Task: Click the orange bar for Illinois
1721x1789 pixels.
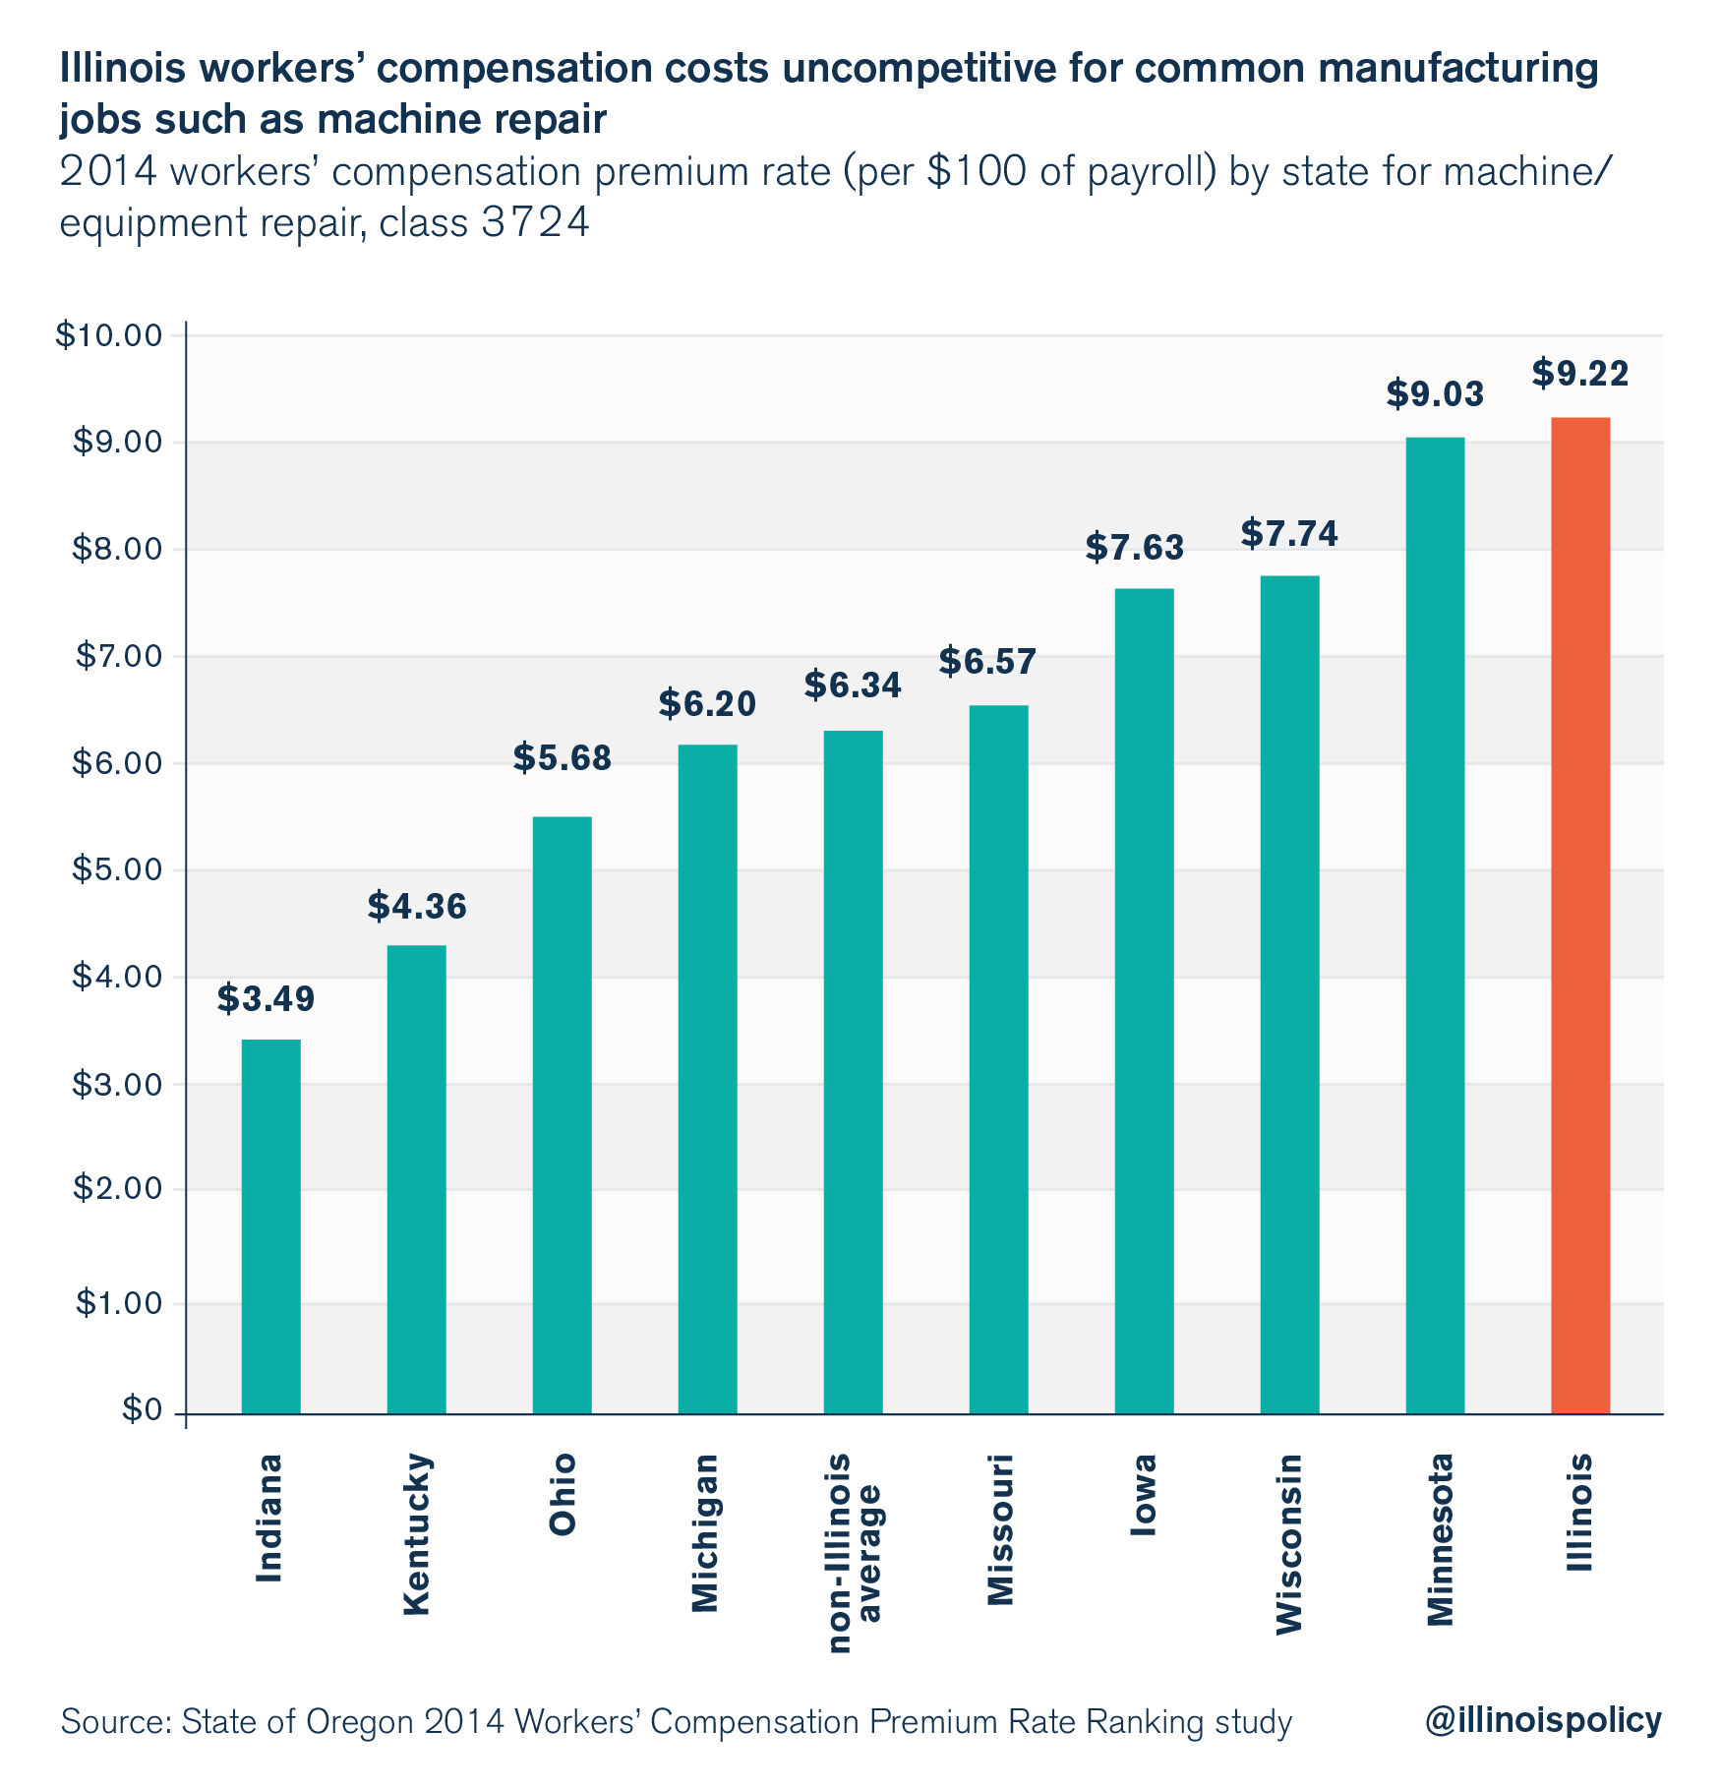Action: [1579, 915]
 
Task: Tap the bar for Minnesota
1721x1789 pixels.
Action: [1435, 924]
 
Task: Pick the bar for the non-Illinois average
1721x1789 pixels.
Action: [853, 1072]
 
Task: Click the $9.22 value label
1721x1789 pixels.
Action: [1579, 374]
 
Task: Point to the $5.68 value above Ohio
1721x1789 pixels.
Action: [562, 758]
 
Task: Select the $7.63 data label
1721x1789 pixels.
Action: [1134, 547]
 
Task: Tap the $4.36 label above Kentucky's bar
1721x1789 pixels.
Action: [417, 907]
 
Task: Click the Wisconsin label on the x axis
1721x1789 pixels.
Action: [1288, 1544]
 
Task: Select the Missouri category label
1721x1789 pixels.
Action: [998, 1529]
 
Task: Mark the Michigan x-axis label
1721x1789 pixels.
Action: [706, 1533]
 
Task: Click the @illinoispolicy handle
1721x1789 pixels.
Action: [1542, 1720]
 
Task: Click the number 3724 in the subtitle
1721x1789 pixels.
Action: [536, 224]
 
